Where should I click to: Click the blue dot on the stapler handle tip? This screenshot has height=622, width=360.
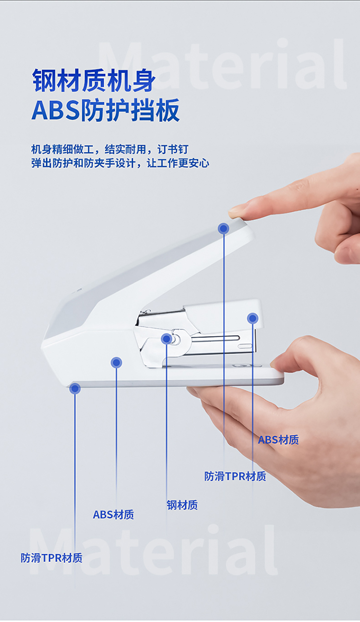tap(223, 229)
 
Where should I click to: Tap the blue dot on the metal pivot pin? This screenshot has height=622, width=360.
tap(167, 339)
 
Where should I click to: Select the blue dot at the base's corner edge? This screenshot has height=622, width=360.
tap(75, 389)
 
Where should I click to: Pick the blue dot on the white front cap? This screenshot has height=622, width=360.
tap(252, 318)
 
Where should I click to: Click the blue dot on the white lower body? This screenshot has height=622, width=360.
tap(116, 363)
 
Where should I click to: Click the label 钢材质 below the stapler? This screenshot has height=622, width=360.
tap(182, 505)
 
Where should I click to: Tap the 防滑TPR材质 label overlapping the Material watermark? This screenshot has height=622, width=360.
tap(52, 558)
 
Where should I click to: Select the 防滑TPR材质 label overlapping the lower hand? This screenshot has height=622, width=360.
tap(235, 476)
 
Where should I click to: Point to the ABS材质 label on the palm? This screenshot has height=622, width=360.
tap(278, 440)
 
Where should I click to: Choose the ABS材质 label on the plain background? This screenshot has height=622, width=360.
tap(113, 514)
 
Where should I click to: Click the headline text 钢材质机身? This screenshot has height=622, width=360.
tap(93, 81)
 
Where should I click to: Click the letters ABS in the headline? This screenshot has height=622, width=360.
tap(56, 110)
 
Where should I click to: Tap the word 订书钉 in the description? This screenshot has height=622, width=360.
tap(173, 149)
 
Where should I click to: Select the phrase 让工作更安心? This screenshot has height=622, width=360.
tap(178, 163)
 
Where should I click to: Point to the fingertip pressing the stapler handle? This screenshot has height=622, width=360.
tap(237, 212)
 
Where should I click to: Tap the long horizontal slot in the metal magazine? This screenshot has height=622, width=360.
tap(216, 338)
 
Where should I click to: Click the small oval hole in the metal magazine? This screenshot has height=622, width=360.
tap(245, 346)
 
